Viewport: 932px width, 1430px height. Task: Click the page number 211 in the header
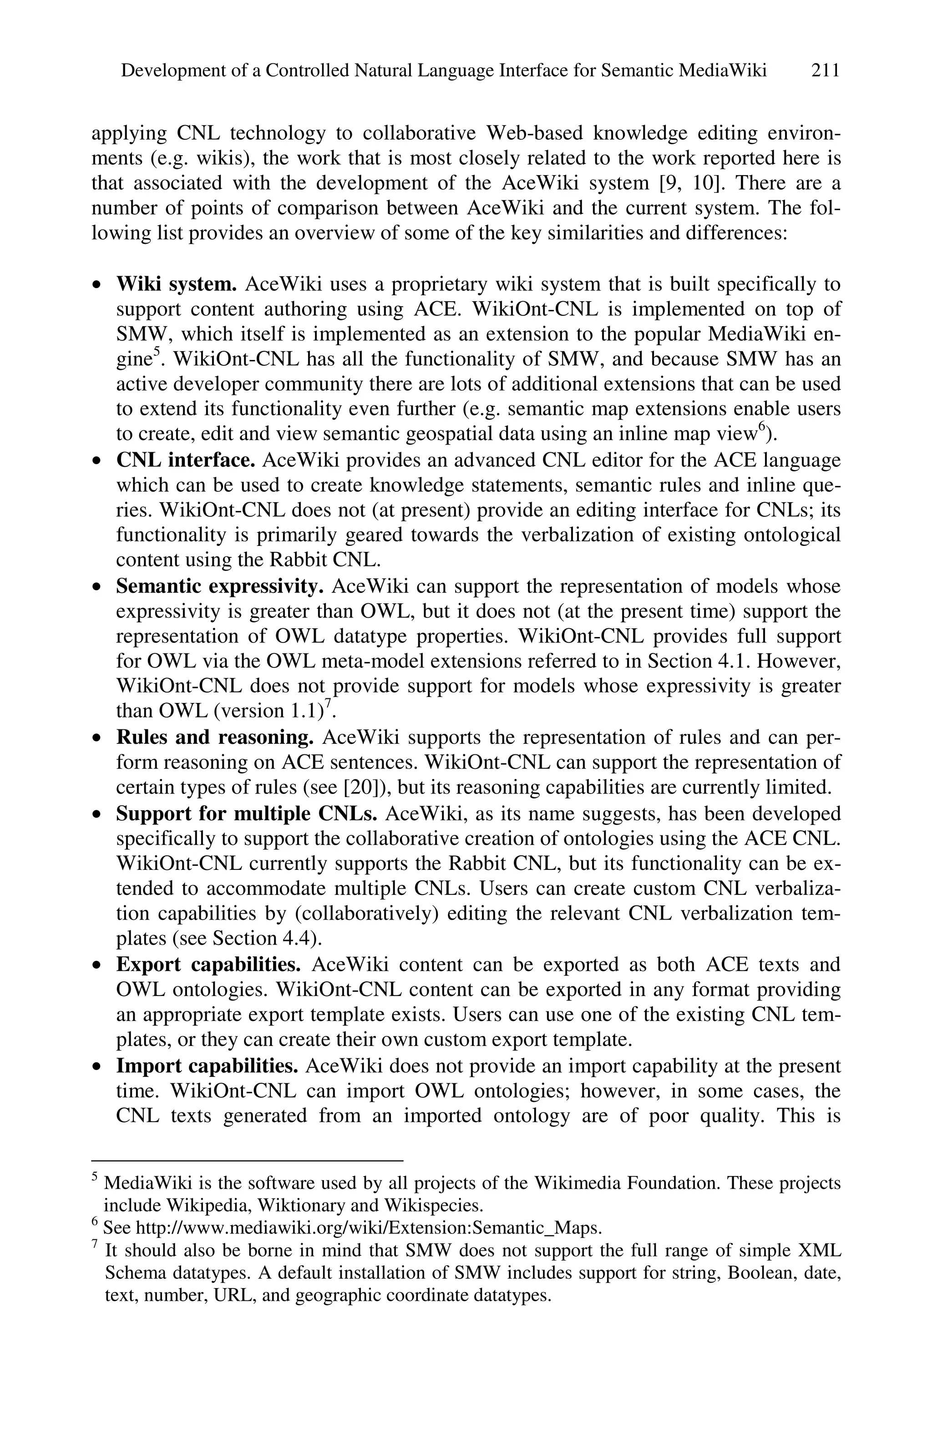pyautogui.click(x=825, y=71)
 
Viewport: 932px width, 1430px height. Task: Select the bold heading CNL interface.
pyautogui.click(x=186, y=460)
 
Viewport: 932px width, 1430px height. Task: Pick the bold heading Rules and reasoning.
pyautogui.click(x=214, y=737)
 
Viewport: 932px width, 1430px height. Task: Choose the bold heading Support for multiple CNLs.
pyautogui.click(x=246, y=814)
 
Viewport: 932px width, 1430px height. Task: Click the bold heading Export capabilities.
pyautogui.click(x=208, y=965)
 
